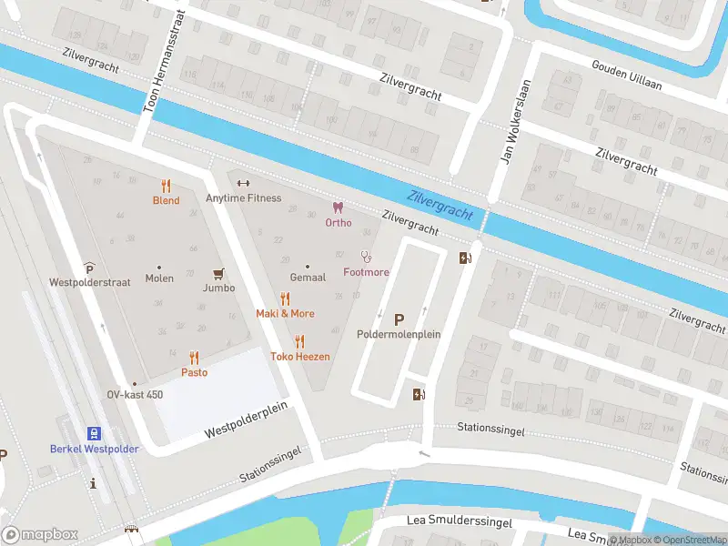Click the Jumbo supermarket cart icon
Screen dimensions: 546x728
pos(218,272)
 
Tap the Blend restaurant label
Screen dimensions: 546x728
pos(166,200)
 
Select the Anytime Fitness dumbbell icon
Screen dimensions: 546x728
pos(243,183)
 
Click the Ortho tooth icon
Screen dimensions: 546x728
pos(339,207)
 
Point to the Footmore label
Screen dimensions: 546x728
pos(366,272)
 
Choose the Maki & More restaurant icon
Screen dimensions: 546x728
pos(285,298)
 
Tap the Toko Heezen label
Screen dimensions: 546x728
pos(299,356)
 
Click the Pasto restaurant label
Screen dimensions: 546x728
pos(194,372)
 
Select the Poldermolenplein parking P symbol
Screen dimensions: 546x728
pos(399,319)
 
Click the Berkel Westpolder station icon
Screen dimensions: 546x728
pos(94,433)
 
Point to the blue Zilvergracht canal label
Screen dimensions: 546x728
pos(440,204)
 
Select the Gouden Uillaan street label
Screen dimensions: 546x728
pos(626,76)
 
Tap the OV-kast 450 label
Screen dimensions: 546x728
pos(135,394)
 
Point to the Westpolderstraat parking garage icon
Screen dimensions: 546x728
pos(89,268)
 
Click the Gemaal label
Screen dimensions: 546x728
pos(308,277)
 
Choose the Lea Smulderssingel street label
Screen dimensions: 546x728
pos(447,523)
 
